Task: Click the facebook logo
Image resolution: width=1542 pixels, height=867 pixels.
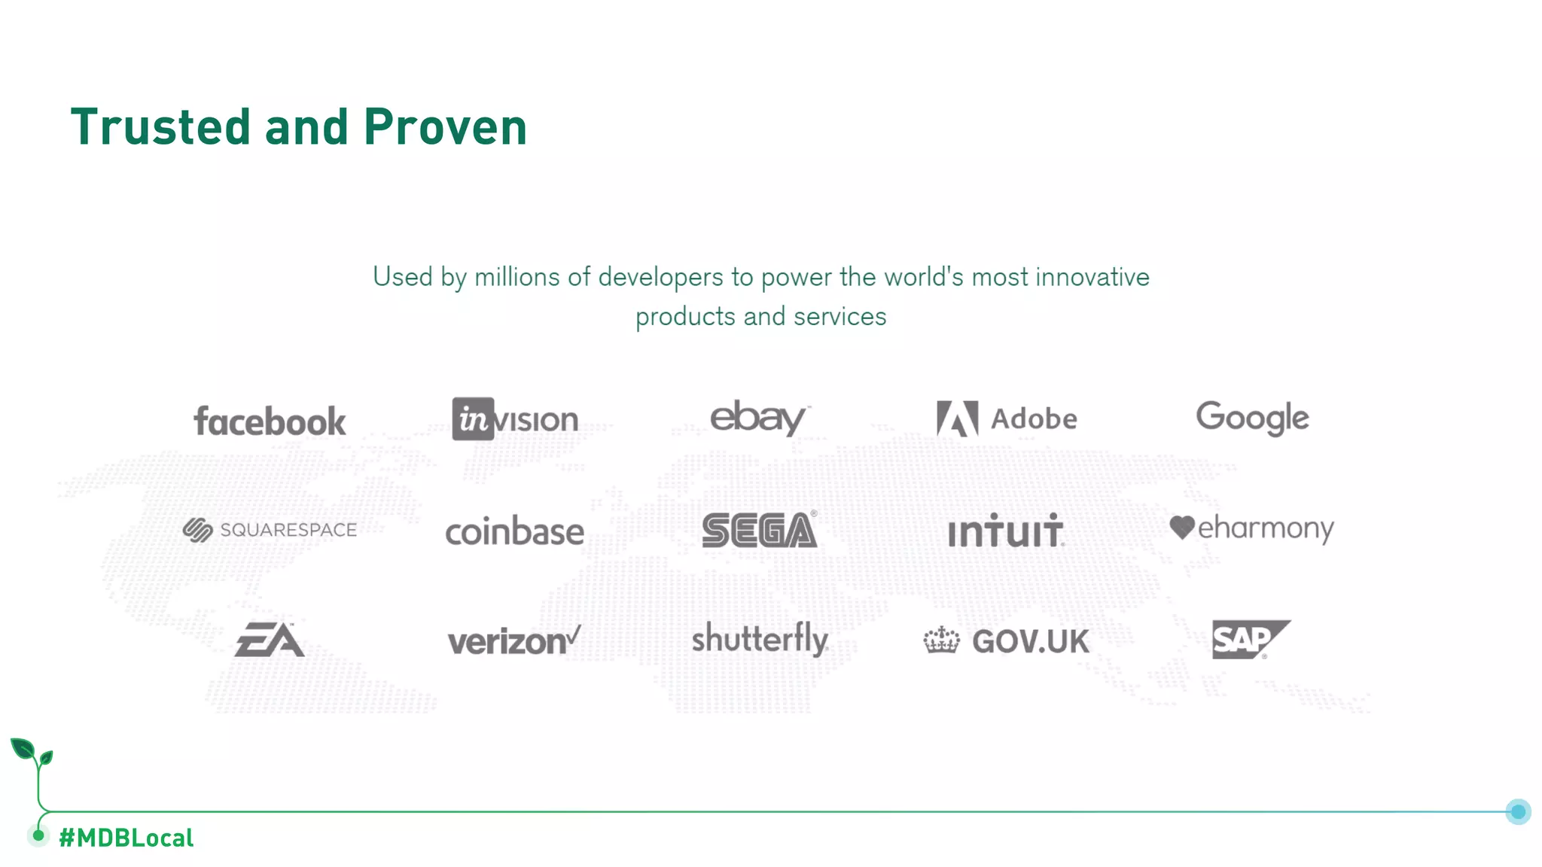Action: point(270,421)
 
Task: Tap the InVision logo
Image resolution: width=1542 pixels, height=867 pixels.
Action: point(515,419)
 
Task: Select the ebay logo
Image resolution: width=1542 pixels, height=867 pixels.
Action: point(759,418)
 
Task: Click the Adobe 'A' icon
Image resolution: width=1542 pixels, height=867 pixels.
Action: point(957,418)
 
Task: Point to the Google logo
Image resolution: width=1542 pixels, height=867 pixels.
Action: point(1252,418)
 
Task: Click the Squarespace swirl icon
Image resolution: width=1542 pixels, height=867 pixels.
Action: point(198,530)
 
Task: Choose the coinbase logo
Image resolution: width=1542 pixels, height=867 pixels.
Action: point(515,531)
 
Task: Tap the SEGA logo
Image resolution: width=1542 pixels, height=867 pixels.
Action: point(759,530)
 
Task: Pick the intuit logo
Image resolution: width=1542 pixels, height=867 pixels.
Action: point(1005,531)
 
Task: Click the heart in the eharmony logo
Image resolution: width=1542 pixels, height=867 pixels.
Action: point(1182,527)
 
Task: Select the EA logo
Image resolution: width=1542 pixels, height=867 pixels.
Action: point(270,640)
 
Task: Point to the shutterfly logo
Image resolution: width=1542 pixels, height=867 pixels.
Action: point(760,640)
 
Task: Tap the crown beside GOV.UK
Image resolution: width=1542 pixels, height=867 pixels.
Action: point(941,640)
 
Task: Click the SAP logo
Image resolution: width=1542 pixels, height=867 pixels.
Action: point(1250,639)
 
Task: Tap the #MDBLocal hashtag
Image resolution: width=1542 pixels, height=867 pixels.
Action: point(126,838)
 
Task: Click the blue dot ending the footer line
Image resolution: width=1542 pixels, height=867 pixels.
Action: point(1518,811)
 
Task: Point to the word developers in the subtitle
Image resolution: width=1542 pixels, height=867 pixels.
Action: point(660,277)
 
